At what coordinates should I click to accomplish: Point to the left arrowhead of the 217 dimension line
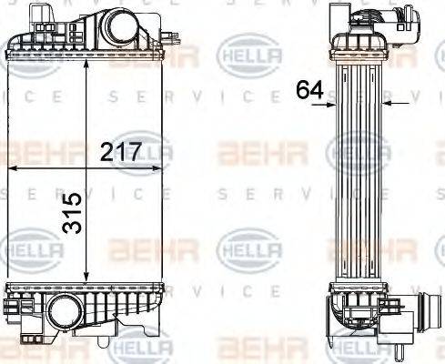pos(14,168)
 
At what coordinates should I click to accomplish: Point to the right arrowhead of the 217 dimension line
pos(164,168)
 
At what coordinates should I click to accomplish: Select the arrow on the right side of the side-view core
pos(388,105)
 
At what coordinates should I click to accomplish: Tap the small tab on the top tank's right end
pos(168,38)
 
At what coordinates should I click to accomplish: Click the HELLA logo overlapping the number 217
pos(144,151)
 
